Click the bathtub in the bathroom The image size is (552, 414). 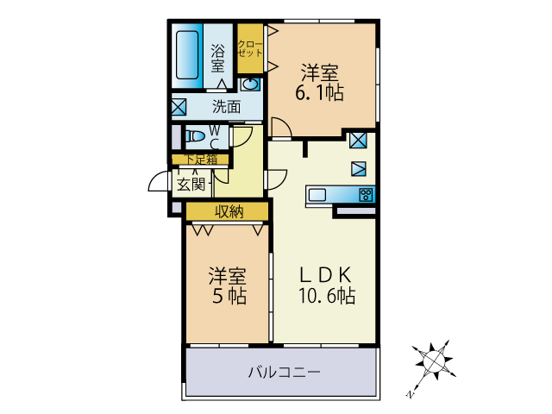point(187,55)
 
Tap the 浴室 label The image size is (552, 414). point(217,58)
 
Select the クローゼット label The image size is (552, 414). point(250,49)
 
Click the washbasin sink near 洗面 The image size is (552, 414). point(251,85)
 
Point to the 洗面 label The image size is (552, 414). point(226,106)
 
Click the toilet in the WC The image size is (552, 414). point(196,136)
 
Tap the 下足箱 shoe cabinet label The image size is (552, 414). point(202,160)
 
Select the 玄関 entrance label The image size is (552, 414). point(191,184)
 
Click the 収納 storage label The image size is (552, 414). point(229,211)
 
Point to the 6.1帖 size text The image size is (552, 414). point(319,92)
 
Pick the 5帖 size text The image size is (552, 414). point(229,295)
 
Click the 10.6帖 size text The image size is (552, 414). point(327,295)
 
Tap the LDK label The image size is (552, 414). point(326,275)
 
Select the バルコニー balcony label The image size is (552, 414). point(285,372)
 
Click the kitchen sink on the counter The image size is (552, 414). point(317,195)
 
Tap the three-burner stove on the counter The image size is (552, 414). point(366,195)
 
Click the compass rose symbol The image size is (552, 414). point(434,361)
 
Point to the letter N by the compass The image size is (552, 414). point(410,393)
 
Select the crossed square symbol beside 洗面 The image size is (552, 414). point(179,107)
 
